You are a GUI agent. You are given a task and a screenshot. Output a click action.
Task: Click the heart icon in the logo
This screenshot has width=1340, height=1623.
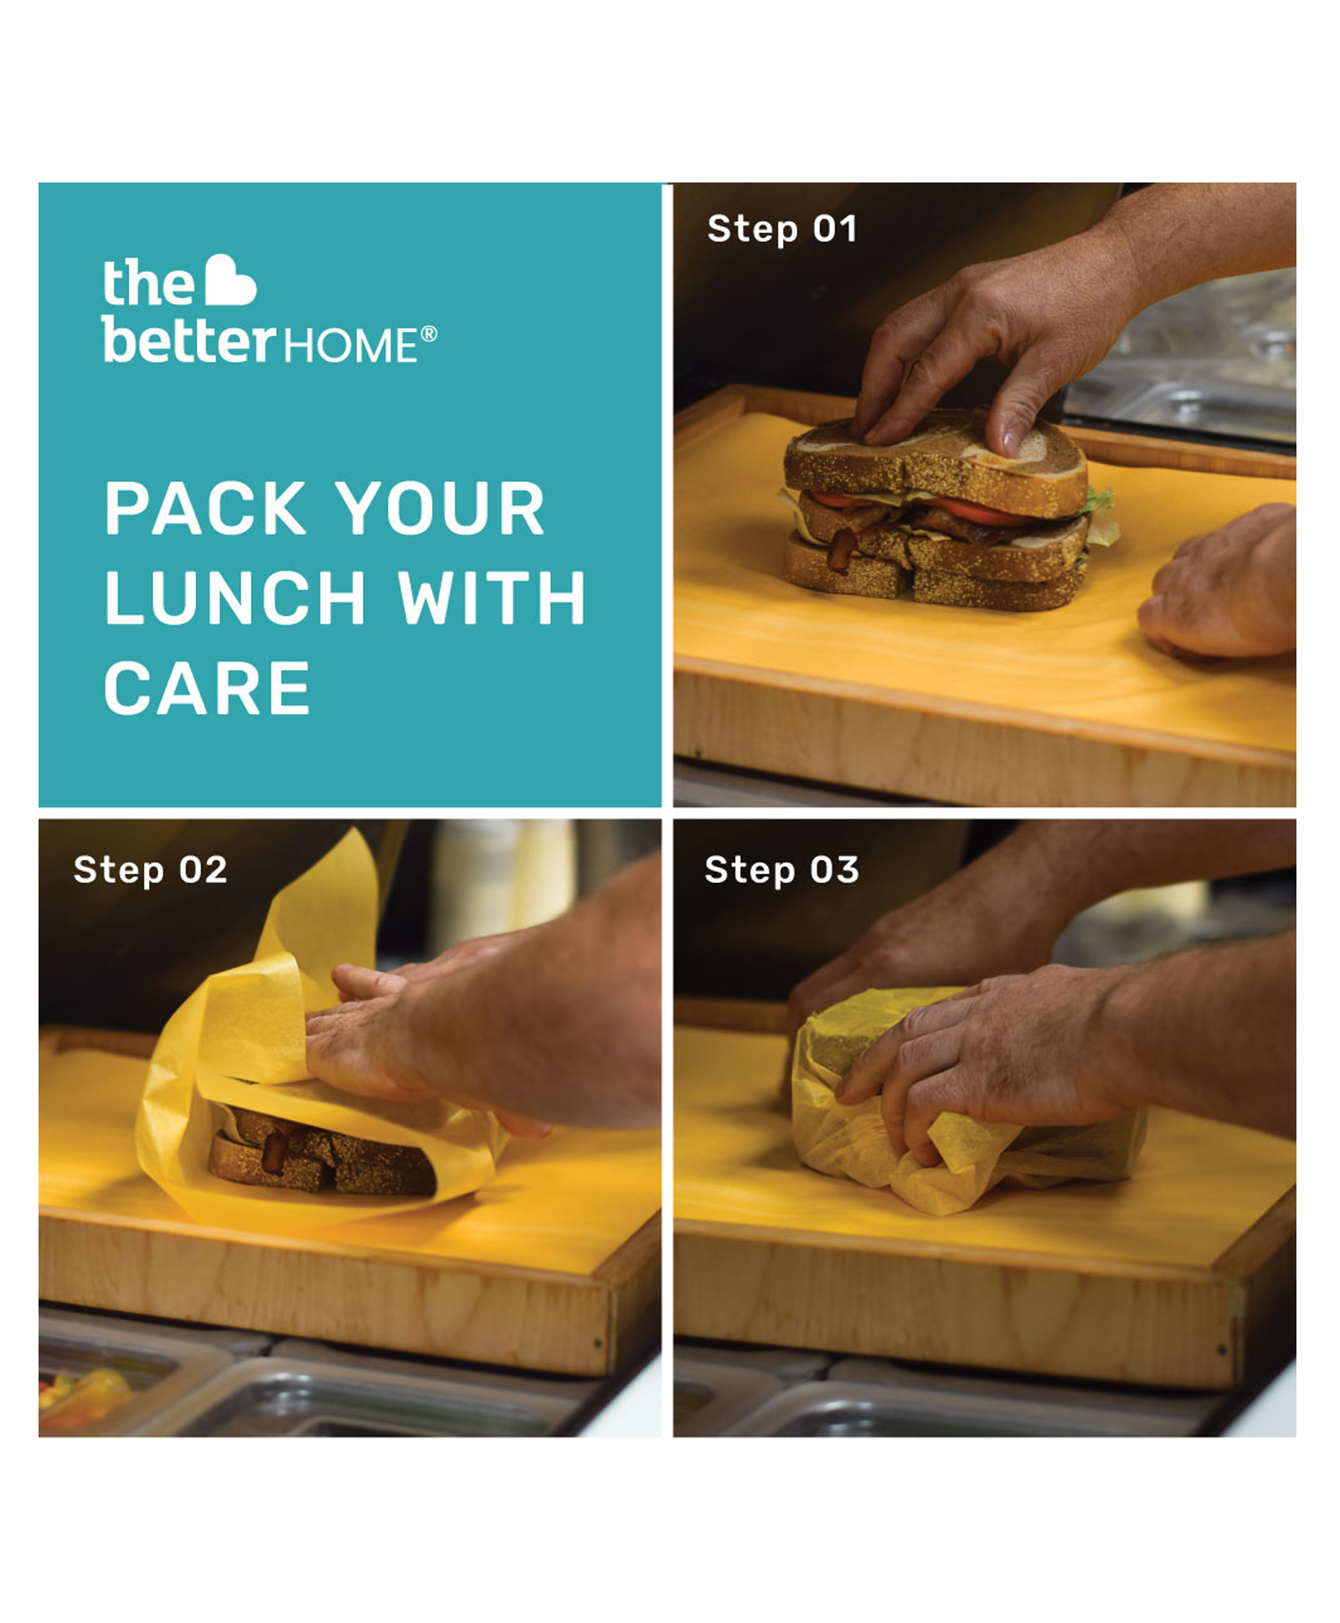230,280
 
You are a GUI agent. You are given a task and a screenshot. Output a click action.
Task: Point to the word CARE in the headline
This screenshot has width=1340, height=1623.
207,688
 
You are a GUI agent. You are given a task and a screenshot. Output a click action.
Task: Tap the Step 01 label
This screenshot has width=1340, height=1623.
782,229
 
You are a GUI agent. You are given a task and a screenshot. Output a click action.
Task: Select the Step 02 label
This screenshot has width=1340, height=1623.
150,871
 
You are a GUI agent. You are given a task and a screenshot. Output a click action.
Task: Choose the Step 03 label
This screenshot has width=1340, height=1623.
781,871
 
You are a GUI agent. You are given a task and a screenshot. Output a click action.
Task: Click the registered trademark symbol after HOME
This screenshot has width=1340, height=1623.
428,334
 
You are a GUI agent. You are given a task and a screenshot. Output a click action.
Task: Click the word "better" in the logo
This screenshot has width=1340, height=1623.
189,342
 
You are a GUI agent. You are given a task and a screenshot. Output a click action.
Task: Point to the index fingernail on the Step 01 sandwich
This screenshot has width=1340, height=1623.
1011,439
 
